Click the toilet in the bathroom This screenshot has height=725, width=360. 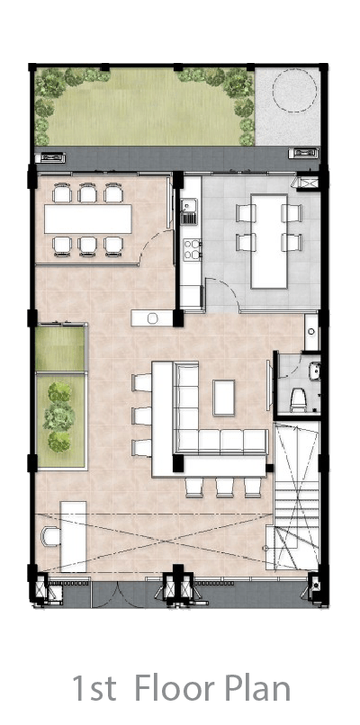(x=297, y=399)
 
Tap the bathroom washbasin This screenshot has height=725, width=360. (x=315, y=371)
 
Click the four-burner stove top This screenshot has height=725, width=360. (x=192, y=249)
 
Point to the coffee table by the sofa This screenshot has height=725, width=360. (x=224, y=398)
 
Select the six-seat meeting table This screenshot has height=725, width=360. (x=88, y=219)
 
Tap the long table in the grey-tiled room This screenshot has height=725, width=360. (x=269, y=241)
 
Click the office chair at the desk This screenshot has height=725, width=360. (x=50, y=537)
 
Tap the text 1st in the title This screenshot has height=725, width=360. (x=94, y=688)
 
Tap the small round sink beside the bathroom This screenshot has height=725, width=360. (x=311, y=332)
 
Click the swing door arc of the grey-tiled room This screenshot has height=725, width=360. (x=224, y=290)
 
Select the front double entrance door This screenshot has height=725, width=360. (x=118, y=595)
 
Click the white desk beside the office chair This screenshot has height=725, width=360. (x=73, y=537)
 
